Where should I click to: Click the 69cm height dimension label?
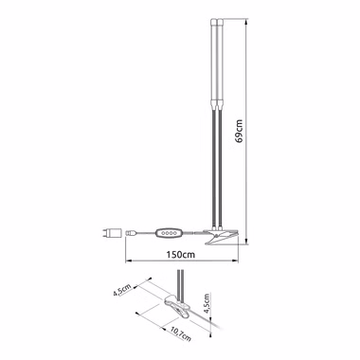[x=241, y=131]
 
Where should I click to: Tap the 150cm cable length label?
[x=182, y=254]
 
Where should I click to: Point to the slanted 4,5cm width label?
[x=122, y=290]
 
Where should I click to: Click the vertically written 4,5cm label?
[x=207, y=303]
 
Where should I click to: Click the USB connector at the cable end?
[x=131, y=233]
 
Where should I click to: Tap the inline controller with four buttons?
[x=169, y=233]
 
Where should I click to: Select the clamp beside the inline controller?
[x=222, y=236]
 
